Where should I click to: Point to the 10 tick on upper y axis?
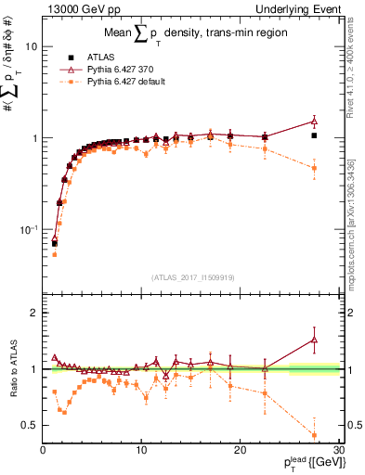coord(31,46)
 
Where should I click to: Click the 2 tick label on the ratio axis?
coord(33,313)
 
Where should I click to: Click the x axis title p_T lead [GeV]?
coord(306,464)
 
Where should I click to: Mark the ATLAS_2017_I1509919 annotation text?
coord(190,276)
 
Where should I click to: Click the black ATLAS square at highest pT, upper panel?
coord(314,135)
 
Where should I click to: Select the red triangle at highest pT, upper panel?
coord(314,121)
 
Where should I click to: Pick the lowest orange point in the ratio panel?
coord(314,435)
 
